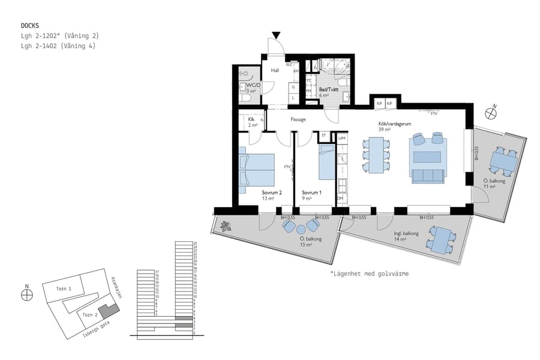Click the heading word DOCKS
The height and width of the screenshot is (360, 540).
[x=30, y=26]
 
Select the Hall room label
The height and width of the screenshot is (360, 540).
[x=275, y=70]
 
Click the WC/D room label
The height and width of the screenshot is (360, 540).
[x=253, y=85]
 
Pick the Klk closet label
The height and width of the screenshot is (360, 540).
[x=251, y=119]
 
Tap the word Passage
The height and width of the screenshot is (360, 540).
[x=298, y=119]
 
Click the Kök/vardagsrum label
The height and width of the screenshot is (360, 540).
[x=392, y=124]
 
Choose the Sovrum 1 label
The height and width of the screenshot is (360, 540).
[x=311, y=193]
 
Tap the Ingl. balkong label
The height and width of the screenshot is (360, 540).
[x=406, y=233]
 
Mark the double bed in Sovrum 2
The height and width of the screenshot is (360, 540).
[x=257, y=170]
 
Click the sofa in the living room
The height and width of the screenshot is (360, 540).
[x=427, y=175]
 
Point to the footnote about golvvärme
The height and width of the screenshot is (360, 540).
[x=369, y=274]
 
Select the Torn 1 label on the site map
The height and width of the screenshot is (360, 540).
[x=64, y=289]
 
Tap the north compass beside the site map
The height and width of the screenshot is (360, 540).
[x=26, y=293]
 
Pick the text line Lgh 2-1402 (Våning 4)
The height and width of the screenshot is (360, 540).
[x=58, y=46]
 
